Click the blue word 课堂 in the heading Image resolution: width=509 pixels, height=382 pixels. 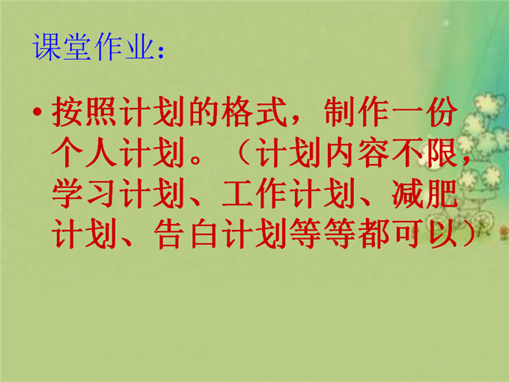(61, 46)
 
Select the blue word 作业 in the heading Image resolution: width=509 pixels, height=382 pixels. (124, 46)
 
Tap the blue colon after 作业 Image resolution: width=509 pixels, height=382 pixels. (161, 52)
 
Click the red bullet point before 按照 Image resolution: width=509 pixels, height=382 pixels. (37, 112)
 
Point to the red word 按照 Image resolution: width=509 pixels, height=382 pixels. (84, 112)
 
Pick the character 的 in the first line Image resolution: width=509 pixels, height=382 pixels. (203, 112)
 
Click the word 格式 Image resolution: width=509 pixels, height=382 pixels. (254, 112)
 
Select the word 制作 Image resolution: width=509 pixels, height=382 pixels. (356, 112)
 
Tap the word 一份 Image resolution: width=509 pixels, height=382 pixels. (424, 112)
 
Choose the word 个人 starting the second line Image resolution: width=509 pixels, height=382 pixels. (84, 152)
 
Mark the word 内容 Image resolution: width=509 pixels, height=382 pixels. (356, 152)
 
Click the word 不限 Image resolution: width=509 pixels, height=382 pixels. (424, 152)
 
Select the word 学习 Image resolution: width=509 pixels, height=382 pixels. (84, 192)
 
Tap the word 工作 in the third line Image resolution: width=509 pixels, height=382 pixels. (254, 192)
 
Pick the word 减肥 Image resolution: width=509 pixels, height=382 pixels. (424, 192)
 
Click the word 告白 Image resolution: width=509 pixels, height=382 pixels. (186, 233)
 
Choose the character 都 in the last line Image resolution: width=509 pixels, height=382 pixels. (374, 233)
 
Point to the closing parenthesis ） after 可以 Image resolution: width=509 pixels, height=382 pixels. (467, 233)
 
